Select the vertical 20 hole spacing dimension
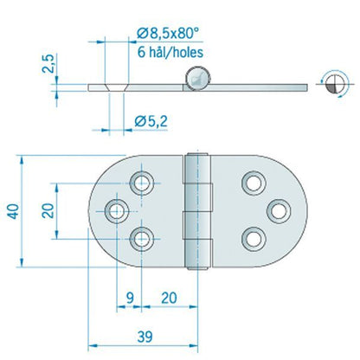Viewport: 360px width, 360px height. pos(49,210)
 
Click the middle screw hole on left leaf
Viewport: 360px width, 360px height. pos(116,210)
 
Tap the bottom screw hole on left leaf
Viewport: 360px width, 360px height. pos(142,238)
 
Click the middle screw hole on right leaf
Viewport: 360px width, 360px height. pos(278,210)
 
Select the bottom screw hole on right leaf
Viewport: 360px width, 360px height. pos(252,238)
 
